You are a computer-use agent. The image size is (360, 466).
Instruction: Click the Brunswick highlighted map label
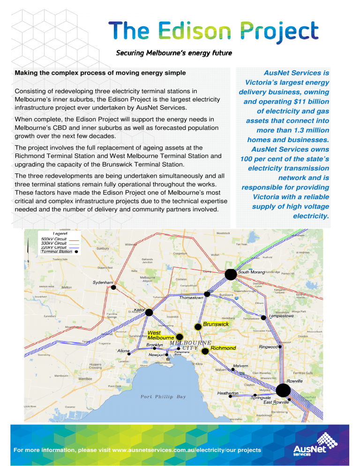pyautogui.click(x=216, y=324)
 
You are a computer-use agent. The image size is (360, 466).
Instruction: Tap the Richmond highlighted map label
pyautogui.click(x=223, y=348)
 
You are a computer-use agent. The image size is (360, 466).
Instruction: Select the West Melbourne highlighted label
pyautogui.click(x=161, y=336)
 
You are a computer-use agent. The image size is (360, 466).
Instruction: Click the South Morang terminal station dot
pyautogui.click(x=231, y=274)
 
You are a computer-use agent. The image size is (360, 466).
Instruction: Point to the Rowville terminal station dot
pyautogui.click(x=283, y=390)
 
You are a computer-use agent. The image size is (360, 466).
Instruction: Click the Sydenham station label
pyautogui.click(x=103, y=283)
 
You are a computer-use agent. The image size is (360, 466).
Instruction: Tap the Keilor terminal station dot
pyautogui.click(x=149, y=312)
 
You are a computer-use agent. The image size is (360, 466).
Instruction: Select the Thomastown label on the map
pyautogui.click(x=191, y=298)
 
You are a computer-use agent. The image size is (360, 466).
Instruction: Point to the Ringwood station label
pyautogui.click(x=268, y=347)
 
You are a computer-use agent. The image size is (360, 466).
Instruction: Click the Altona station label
pyautogui.click(x=123, y=351)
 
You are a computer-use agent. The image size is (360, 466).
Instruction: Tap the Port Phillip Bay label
pyautogui.click(x=163, y=397)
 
